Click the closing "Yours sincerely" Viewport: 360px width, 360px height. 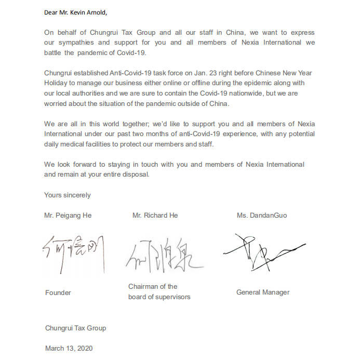68,195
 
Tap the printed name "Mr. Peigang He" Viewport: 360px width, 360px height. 68,215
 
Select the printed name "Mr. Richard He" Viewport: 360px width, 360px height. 155,215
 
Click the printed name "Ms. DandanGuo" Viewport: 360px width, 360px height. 262,215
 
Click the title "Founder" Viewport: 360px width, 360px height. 58,292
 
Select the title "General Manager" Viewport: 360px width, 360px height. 263,292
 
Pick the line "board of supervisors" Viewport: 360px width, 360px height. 159,297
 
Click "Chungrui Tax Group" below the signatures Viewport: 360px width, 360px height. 75,328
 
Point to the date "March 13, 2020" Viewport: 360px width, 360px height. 69,348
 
